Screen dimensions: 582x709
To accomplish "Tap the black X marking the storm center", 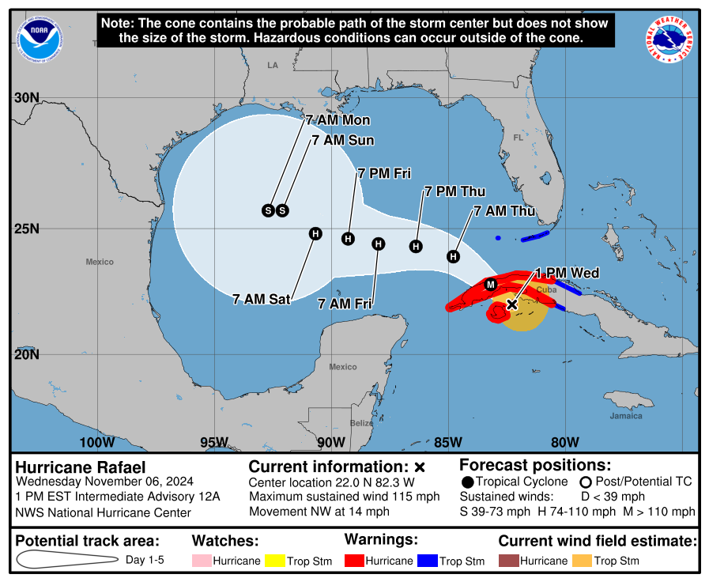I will point(511,304).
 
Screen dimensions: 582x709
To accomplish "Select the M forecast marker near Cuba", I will point(490,285).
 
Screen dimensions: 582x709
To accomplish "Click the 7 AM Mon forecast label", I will point(338,120).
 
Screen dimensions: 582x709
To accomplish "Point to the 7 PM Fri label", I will point(384,173).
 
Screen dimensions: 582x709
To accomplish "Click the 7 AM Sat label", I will point(262,299).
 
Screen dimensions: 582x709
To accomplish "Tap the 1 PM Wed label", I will point(567,273).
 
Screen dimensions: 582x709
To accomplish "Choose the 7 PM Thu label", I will point(454,191).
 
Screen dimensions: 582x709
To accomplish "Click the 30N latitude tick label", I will point(26,97).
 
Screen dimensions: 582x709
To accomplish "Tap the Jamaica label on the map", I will point(625,416).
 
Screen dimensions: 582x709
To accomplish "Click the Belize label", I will point(361,423).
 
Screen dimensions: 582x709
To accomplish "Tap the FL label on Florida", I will point(519,138).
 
